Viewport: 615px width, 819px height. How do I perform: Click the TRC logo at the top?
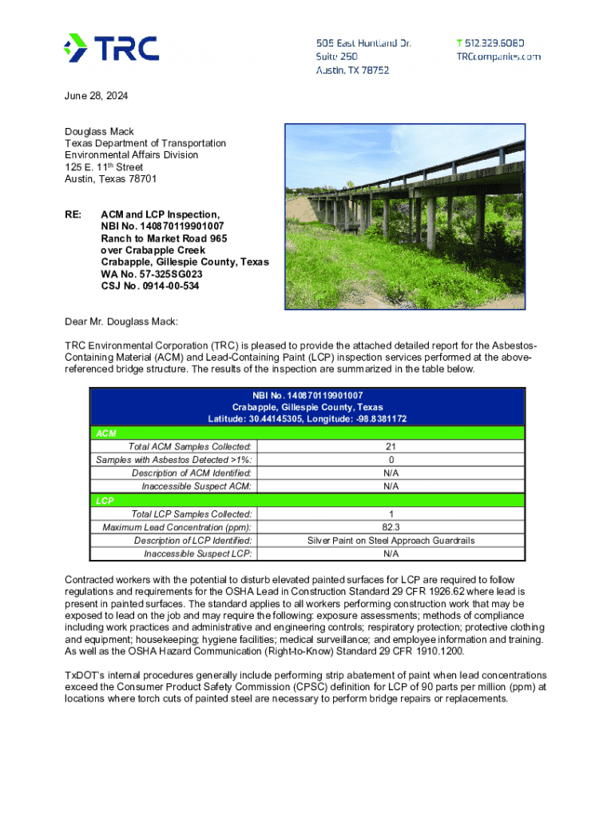111,48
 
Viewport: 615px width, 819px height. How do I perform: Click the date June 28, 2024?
96,96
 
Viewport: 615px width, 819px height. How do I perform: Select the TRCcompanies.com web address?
498,57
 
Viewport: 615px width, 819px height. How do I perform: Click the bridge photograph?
405,216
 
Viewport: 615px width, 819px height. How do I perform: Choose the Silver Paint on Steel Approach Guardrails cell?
391,541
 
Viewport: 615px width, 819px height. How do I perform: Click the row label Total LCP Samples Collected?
192,514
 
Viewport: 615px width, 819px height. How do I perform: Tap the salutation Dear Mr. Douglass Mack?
121,322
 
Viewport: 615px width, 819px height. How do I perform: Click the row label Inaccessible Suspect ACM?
196,486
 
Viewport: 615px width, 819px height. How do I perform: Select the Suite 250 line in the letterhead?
337,57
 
